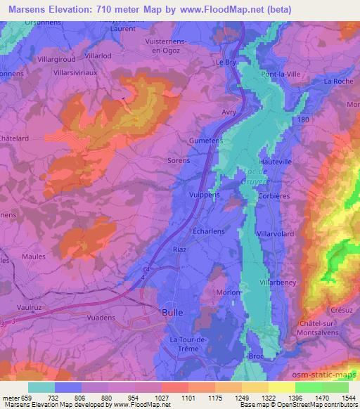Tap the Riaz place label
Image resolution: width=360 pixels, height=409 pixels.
(180, 248)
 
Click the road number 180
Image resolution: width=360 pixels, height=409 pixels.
(303, 121)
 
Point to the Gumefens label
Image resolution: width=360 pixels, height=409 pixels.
(206, 141)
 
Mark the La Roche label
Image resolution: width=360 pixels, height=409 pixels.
(337, 82)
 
